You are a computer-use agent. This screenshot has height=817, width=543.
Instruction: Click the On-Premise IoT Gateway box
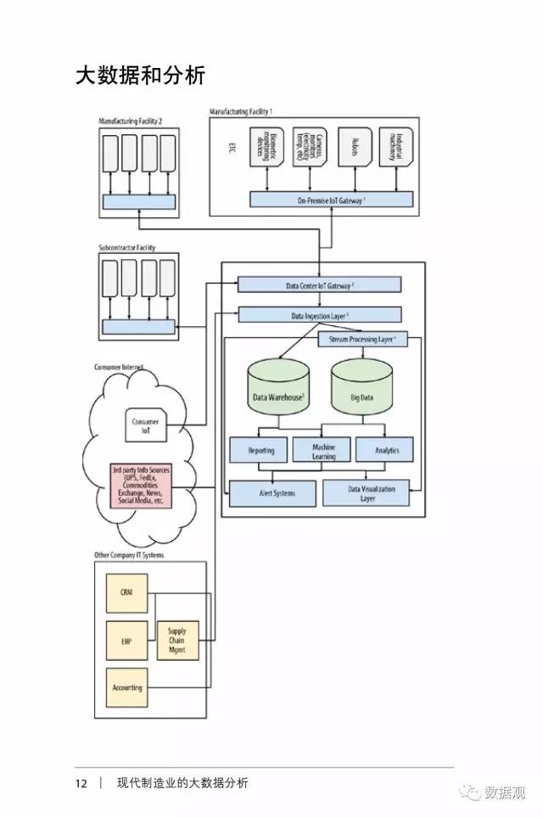(331, 200)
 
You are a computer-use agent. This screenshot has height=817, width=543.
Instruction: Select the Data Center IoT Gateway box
(319, 285)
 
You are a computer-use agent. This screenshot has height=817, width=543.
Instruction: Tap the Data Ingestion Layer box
(319, 315)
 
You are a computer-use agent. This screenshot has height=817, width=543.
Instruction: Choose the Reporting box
(260, 450)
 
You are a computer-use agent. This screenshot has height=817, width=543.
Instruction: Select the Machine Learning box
(323, 450)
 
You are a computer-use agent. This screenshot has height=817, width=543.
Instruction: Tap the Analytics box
(387, 450)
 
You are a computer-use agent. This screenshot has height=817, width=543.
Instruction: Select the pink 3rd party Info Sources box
(141, 486)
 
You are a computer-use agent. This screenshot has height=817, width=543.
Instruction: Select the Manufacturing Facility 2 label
(137, 121)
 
